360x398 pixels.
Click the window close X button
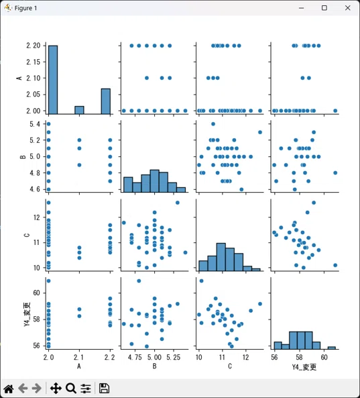pyautogui.click(x=347, y=8)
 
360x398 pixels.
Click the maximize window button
pyautogui.click(x=324, y=8)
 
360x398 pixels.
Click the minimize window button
pyautogui.click(x=301, y=8)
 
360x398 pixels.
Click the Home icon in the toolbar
pyautogui.click(x=9, y=389)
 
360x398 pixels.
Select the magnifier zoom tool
pyautogui.click(x=71, y=389)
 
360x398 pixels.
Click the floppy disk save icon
pyautogui.click(x=104, y=389)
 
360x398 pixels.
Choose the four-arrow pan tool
pyautogui.click(x=56, y=389)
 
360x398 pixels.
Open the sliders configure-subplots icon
pyautogui.click(x=86, y=389)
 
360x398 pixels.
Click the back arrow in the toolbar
pyautogui.click(x=23, y=389)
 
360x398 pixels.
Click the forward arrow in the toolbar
pyautogui.click(x=37, y=389)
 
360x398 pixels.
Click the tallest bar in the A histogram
pyautogui.click(x=53, y=80)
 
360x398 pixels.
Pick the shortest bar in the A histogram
pyautogui.click(x=79, y=110)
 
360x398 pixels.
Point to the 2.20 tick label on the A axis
pyautogui.click(x=34, y=46)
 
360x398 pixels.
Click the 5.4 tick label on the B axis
pyautogui.click(x=35, y=124)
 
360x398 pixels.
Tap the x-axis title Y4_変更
pyautogui.click(x=304, y=366)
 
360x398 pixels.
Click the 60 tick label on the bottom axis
pyautogui.click(x=324, y=357)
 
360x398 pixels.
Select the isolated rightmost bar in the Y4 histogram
pyautogui.click(x=332, y=348)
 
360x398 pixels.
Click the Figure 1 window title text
pyautogui.click(x=26, y=8)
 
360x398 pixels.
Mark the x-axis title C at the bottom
pyautogui.click(x=230, y=366)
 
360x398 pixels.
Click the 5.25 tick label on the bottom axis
pyautogui.click(x=173, y=357)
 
